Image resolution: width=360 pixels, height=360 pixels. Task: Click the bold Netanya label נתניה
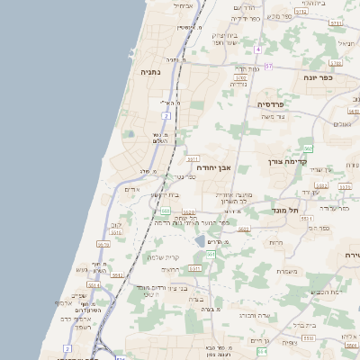150,70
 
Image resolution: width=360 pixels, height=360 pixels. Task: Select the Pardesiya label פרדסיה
271,104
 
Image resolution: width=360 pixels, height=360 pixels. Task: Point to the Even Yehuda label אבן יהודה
213,167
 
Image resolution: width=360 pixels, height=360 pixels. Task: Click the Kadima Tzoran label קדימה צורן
289,162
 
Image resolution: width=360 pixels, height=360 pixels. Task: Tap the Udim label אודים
132,190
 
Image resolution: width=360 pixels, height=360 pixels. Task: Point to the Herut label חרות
274,242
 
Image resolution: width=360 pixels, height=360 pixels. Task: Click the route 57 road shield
268,66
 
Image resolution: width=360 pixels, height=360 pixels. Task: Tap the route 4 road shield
257,49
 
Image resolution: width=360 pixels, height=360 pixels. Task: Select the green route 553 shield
166,211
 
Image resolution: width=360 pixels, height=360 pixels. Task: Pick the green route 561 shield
210,255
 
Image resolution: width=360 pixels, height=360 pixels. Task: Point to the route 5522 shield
188,212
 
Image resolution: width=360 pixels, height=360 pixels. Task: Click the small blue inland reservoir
199,241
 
